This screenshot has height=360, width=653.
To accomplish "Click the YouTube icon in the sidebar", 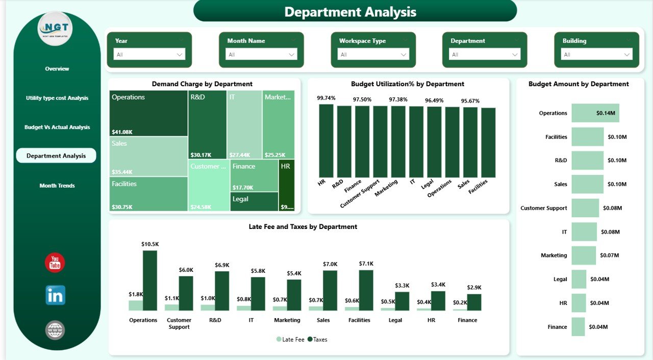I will click(x=55, y=263).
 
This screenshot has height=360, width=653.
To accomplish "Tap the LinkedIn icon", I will click(x=55, y=295).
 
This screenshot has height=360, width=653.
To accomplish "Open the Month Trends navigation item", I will click(x=57, y=186).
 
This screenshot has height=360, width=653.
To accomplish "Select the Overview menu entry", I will click(x=57, y=69).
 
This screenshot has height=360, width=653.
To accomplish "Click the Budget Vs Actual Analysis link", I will click(x=57, y=127).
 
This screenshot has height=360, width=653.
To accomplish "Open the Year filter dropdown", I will click(x=149, y=55).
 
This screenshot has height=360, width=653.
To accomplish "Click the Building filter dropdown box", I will click(x=596, y=55).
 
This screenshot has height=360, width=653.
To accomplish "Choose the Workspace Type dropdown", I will click(x=373, y=55).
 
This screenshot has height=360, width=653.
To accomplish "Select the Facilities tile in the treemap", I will click(x=148, y=194).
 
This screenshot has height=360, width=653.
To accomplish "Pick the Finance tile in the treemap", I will click(x=254, y=176).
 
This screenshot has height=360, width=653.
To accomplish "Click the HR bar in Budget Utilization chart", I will click(x=326, y=141).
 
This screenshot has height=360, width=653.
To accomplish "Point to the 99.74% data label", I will click(x=326, y=98).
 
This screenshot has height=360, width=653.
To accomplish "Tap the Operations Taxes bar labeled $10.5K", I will click(x=150, y=280).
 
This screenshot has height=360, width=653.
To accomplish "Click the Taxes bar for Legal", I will click(x=402, y=301).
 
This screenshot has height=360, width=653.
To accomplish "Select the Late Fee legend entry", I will click(x=290, y=339).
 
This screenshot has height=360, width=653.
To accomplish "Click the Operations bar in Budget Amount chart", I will click(x=595, y=113).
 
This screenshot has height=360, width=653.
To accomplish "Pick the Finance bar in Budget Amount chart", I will click(x=578, y=327).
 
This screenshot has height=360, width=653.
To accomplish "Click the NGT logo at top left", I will click(x=55, y=29).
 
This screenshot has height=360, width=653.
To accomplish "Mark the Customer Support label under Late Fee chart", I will click(x=179, y=323).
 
